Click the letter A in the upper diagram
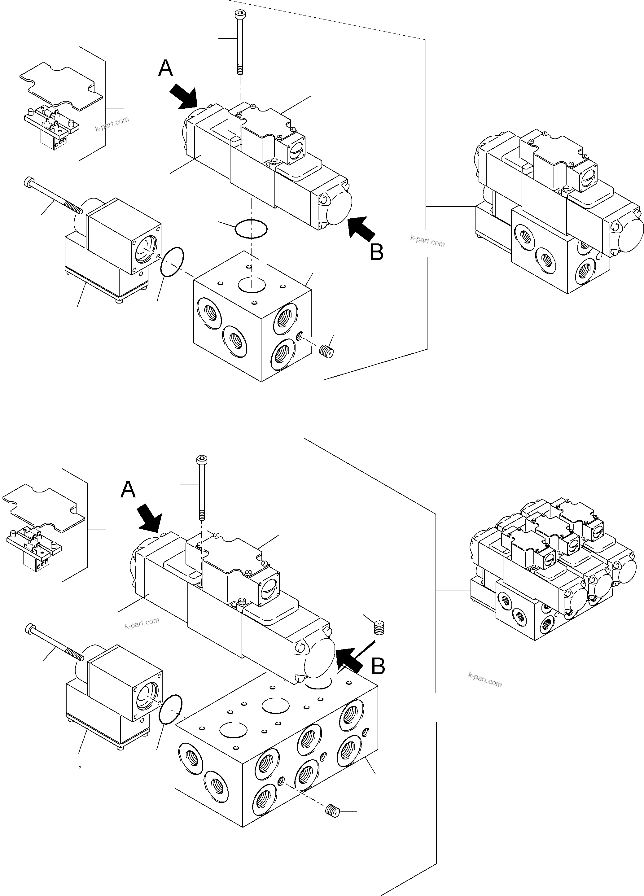[x=165, y=69]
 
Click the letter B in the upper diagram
[x=376, y=252]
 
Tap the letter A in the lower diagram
[x=128, y=490]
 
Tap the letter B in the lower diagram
[x=378, y=666]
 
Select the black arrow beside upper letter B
[x=361, y=228]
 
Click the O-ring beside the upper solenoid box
[x=172, y=262]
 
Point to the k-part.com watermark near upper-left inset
[x=112, y=124]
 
